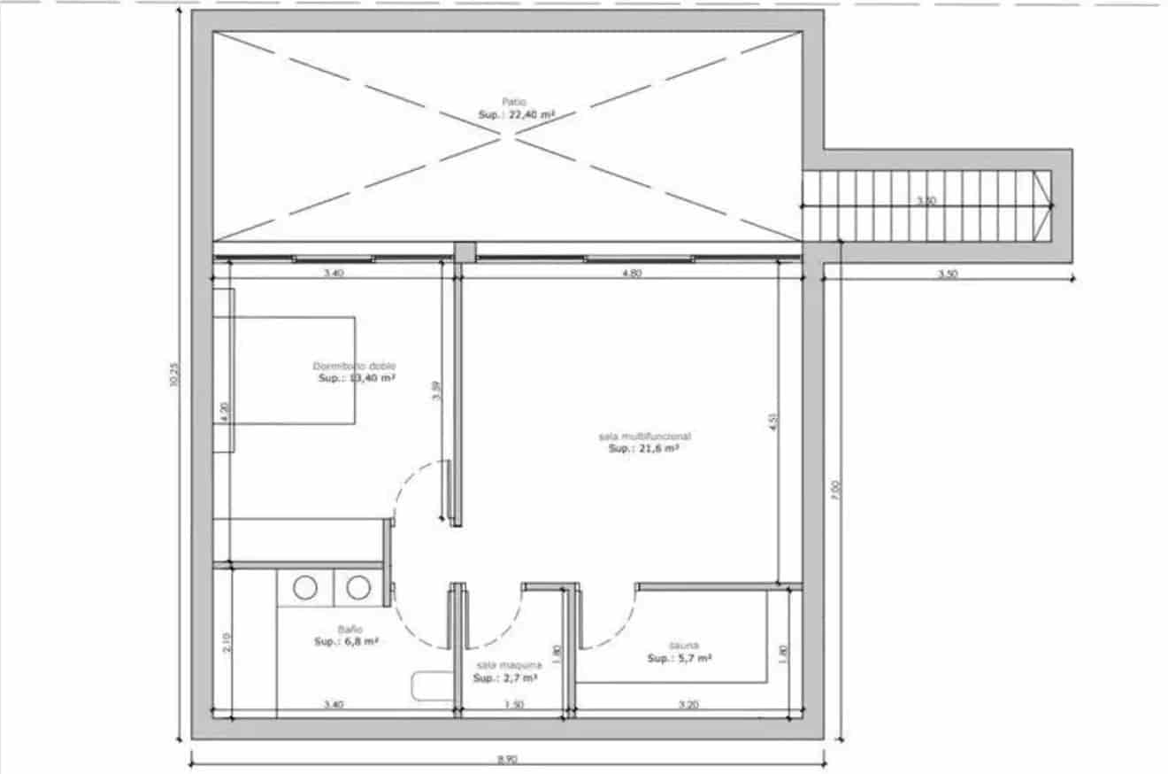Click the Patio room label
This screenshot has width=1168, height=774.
(514, 103)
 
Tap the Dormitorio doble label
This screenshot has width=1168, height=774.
(354, 367)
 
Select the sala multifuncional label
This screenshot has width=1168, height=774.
(644, 437)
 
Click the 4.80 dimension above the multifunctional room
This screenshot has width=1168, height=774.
(631, 275)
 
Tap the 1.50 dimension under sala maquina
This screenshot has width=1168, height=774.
(514, 705)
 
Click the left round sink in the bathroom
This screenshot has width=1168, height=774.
(305, 588)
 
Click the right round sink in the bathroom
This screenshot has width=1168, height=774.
(357, 588)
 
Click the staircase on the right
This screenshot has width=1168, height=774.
(925, 205)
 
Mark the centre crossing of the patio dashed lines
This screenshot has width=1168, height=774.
(507, 135)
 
